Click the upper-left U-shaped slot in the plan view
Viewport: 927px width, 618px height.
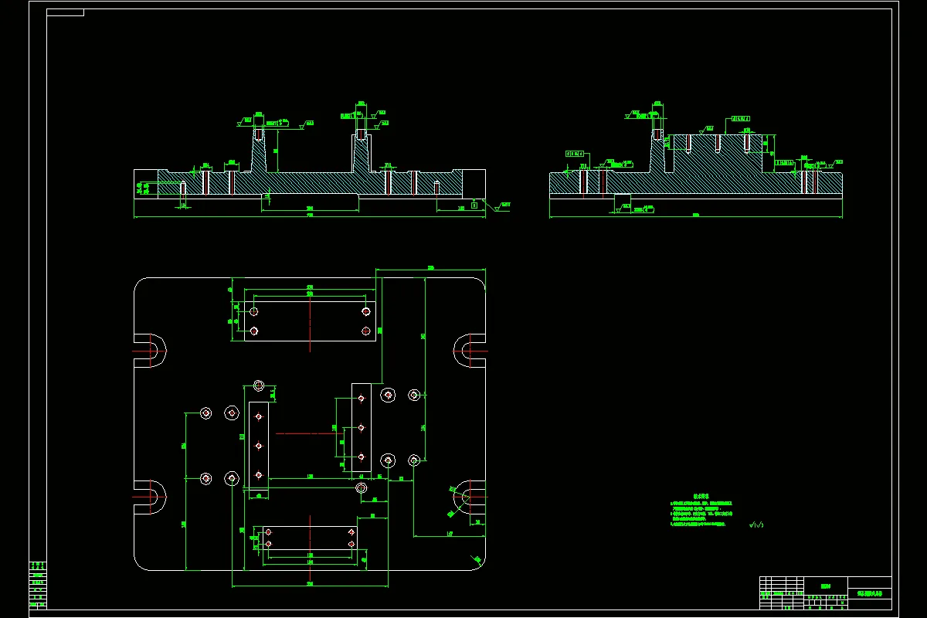151,350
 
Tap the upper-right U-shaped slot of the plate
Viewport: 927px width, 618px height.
469,350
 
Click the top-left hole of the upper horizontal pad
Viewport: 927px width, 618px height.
254,312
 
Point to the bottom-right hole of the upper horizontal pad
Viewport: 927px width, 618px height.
366,331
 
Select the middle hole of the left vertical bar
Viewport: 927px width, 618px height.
259,446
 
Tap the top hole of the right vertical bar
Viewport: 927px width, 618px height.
361,399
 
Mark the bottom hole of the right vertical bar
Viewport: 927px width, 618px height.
361,457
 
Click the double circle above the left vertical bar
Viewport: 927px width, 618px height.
259,385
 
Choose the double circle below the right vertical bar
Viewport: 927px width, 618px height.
361,487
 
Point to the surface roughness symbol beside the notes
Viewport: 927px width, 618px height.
756,525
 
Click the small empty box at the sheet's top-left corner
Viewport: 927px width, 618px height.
66,12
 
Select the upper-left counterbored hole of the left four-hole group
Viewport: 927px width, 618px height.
206,413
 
